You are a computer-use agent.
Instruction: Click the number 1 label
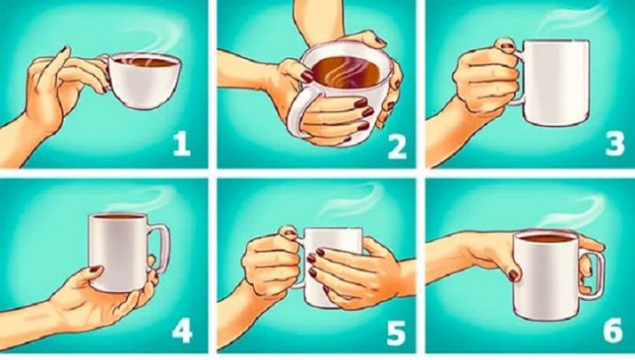point(182,145)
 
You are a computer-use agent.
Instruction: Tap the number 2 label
point(397,146)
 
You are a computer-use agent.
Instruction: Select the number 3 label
point(615,144)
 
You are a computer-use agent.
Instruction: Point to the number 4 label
point(183,330)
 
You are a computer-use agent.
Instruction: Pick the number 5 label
point(396,333)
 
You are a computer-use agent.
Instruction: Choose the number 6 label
point(613,330)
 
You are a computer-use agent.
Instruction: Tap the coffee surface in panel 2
point(346,72)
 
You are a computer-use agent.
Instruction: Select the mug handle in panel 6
point(592,274)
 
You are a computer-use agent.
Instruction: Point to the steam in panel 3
point(571,18)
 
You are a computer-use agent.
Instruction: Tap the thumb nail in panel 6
point(513,276)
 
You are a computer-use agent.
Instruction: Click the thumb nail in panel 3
point(505,45)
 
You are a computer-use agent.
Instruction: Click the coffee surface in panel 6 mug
point(545,238)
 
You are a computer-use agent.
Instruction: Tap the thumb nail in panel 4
point(94,269)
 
